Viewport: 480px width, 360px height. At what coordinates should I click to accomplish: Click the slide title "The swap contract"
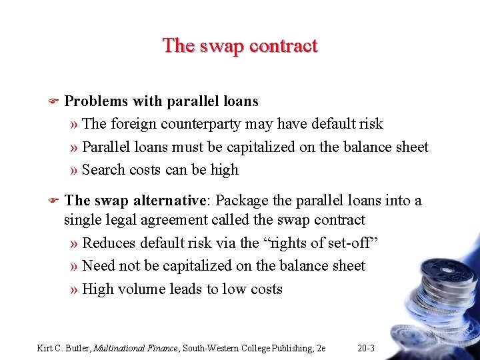(x=240, y=46)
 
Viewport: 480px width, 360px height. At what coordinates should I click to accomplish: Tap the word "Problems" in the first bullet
(x=95, y=101)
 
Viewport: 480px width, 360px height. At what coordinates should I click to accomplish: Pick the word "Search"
(x=103, y=169)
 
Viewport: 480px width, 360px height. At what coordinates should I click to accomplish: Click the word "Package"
(x=243, y=200)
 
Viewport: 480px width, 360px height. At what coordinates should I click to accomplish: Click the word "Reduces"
(x=110, y=243)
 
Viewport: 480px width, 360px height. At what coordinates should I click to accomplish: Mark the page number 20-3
(x=366, y=347)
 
